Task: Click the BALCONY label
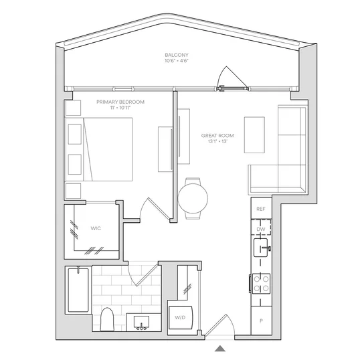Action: click(x=177, y=55)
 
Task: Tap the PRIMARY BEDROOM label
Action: click(x=120, y=102)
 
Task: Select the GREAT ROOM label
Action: click(x=217, y=136)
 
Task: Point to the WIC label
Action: click(x=96, y=228)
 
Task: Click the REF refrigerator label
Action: click(x=261, y=209)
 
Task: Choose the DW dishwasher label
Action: click(x=261, y=229)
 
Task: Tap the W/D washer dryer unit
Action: click(x=181, y=318)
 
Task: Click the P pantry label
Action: click(x=261, y=321)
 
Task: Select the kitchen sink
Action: click(x=261, y=248)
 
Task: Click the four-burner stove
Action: click(x=261, y=284)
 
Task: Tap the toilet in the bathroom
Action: click(x=107, y=320)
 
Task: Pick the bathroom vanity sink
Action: click(x=141, y=323)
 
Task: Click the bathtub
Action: click(x=78, y=290)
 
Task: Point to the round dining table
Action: click(x=193, y=198)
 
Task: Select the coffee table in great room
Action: click(x=254, y=134)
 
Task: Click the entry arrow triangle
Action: click(x=220, y=349)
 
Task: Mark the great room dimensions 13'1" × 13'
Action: click(x=217, y=141)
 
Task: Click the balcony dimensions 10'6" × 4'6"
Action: click(x=177, y=61)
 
